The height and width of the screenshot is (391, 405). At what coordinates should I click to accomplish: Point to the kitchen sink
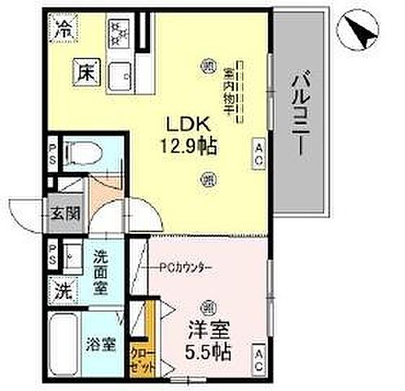tap(122, 72)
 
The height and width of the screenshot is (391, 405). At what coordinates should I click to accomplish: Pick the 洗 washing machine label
tap(63, 288)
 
